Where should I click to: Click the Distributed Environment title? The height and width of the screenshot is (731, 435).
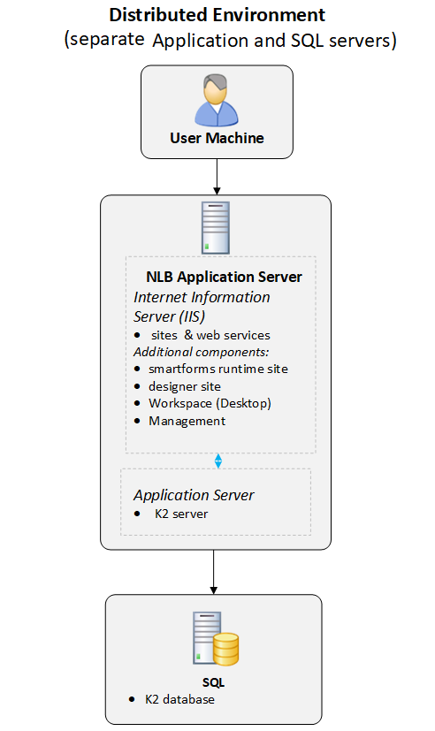click(x=217, y=15)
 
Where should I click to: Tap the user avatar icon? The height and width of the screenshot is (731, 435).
click(x=217, y=100)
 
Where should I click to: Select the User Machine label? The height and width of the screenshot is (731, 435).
click(x=217, y=138)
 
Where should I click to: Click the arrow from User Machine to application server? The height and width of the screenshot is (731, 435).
click(x=217, y=177)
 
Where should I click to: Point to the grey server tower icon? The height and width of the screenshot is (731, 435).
click(x=216, y=227)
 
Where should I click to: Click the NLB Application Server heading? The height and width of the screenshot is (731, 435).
click(x=224, y=277)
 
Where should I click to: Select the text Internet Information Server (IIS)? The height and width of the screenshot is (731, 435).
click(x=202, y=307)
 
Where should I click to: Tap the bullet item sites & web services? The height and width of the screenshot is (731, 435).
click(x=202, y=335)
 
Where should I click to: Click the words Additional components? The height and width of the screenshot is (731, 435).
click(x=201, y=352)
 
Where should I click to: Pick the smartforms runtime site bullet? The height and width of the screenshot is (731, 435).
click(x=210, y=369)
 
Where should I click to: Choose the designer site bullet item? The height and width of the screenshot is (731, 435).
click(x=177, y=386)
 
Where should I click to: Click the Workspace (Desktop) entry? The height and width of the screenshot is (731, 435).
click(x=202, y=403)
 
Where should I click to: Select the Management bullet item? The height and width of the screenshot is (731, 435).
click(x=179, y=421)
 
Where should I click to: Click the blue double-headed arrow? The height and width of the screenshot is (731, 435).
click(x=218, y=461)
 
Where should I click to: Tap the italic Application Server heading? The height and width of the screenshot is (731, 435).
click(x=194, y=495)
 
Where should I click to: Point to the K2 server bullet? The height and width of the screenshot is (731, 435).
click(x=171, y=514)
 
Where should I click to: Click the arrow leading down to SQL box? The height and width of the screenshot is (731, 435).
click(x=214, y=572)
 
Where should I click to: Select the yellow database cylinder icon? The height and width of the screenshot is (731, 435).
click(x=226, y=649)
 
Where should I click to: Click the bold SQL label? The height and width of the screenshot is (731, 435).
click(x=214, y=682)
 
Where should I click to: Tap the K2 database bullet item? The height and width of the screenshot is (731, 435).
click(x=172, y=699)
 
